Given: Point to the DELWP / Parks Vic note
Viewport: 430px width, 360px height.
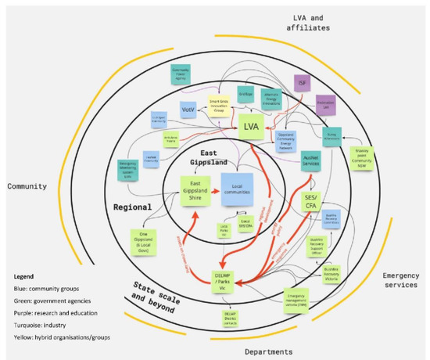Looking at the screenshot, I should click(232, 279).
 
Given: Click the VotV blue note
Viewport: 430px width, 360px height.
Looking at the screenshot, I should click(188, 108).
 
